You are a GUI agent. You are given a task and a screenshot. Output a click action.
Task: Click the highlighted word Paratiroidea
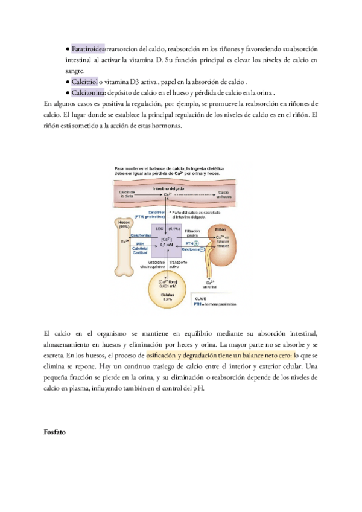(88, 48)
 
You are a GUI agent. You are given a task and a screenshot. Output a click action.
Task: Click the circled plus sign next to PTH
(205, 242)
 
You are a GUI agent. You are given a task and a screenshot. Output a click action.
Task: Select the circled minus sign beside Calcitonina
(208, 249)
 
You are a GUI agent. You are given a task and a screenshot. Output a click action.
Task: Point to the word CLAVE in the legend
(200, 298)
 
